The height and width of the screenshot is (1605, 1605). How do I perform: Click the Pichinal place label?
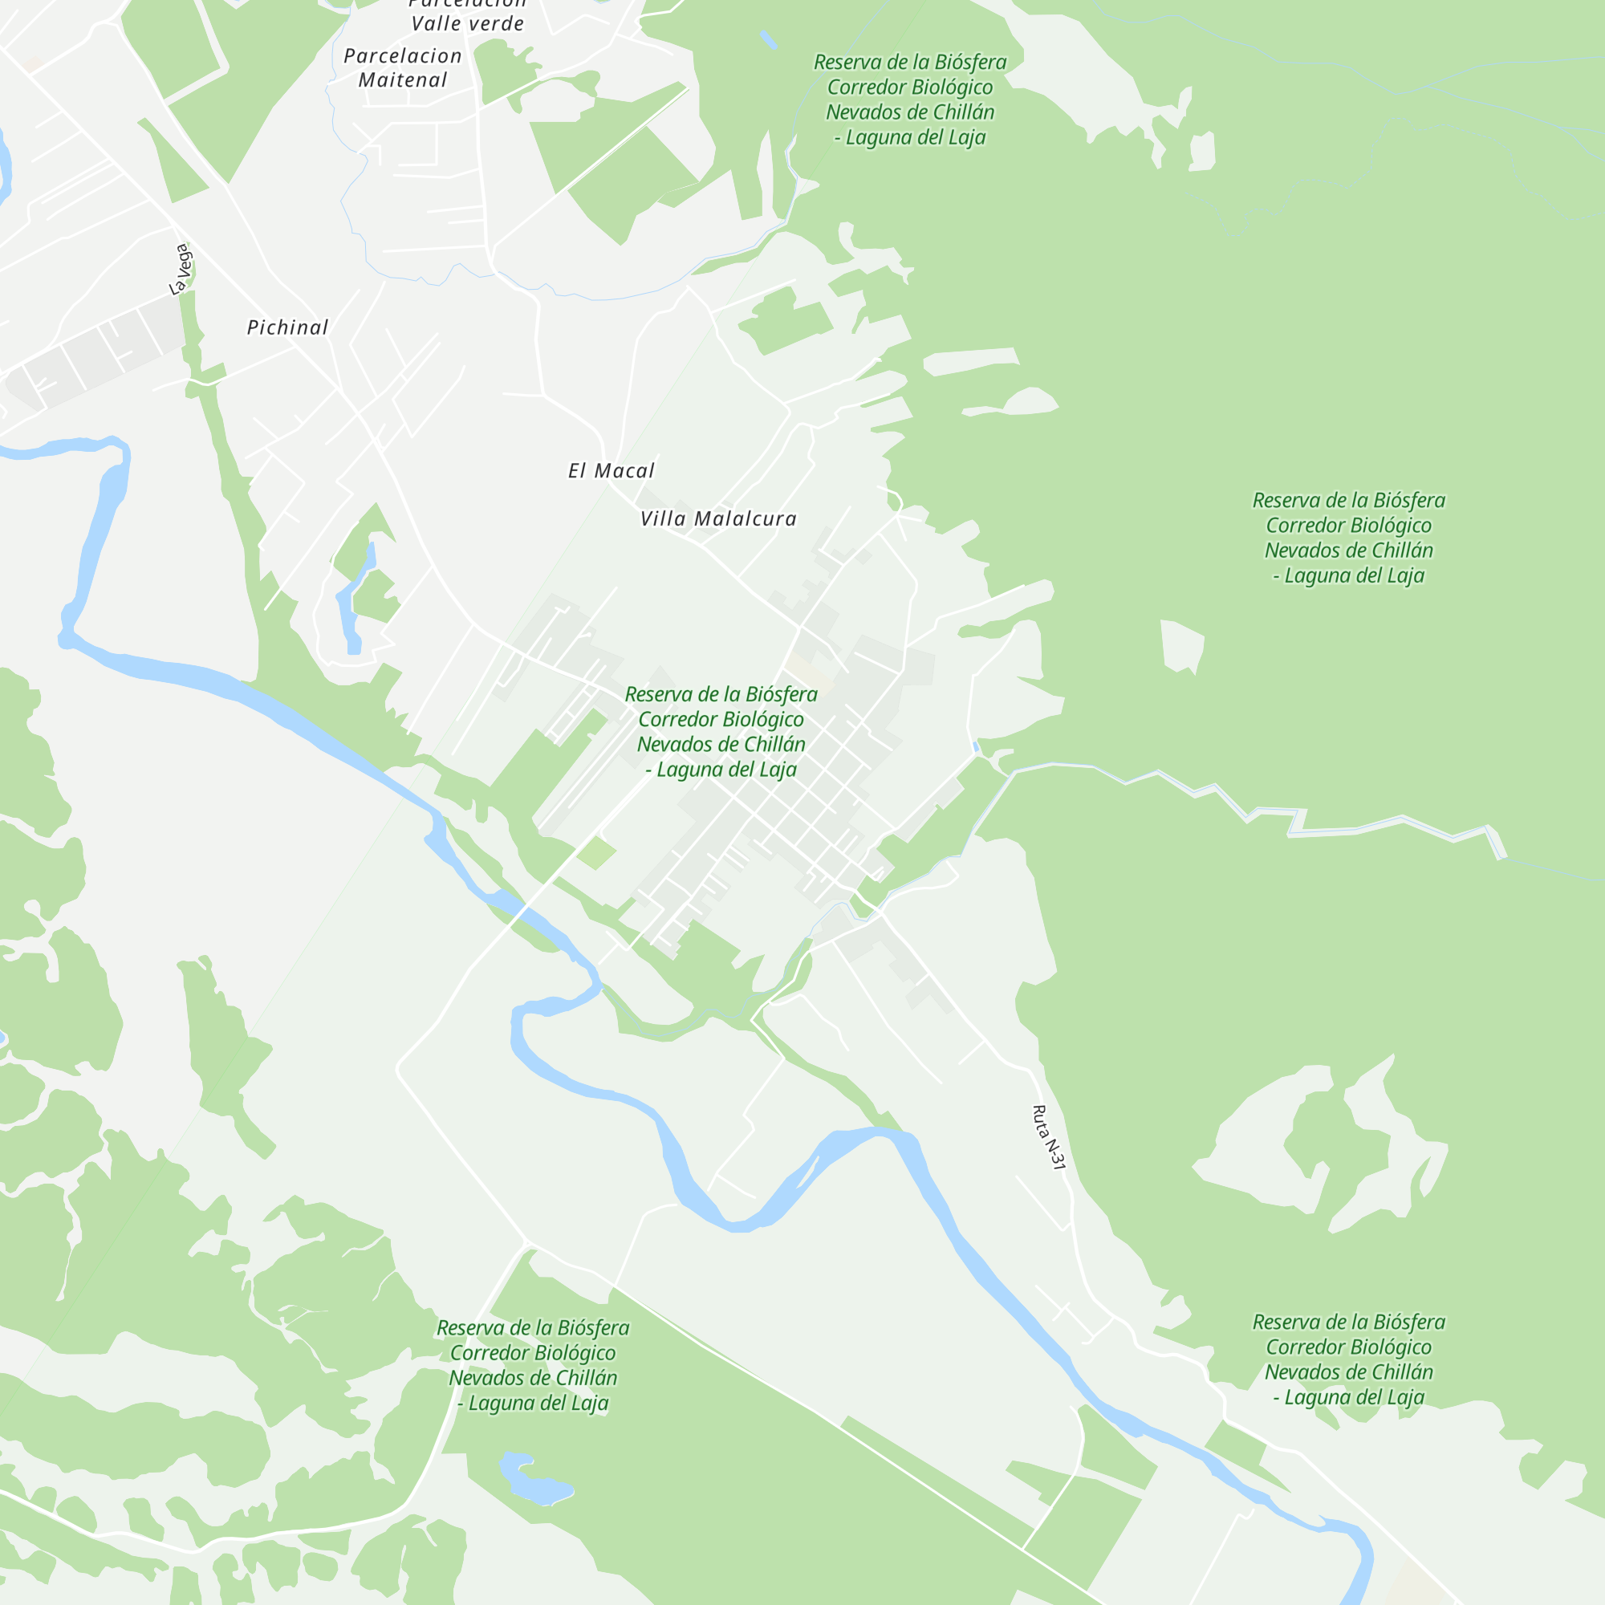click(x=287, y=327)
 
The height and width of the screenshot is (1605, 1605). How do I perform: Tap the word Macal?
click(x=624, y=471)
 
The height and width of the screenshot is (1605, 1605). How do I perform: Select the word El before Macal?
click(x=577, y=471)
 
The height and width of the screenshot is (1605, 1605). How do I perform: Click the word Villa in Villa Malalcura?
click(x=663, y=519)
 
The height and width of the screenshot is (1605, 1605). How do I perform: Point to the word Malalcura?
click(x=746, y=519)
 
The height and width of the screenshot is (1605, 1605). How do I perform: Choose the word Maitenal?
click(x=403, y=80)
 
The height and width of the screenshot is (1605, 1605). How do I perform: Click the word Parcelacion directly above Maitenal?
click(x=403, y=55)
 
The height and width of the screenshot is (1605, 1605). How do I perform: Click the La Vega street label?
click(x=181, y=268)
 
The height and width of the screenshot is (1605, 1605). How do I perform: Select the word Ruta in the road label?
click(x=1041, y=1119)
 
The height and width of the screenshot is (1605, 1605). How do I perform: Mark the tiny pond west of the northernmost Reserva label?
click(x=769, y=39)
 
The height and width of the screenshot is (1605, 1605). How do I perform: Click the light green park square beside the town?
click(x=596, y=852)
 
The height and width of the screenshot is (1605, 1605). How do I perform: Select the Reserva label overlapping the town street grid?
click(x=721, y=732)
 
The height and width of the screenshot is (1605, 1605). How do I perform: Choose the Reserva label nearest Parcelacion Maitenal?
click(x=910, y=100)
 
